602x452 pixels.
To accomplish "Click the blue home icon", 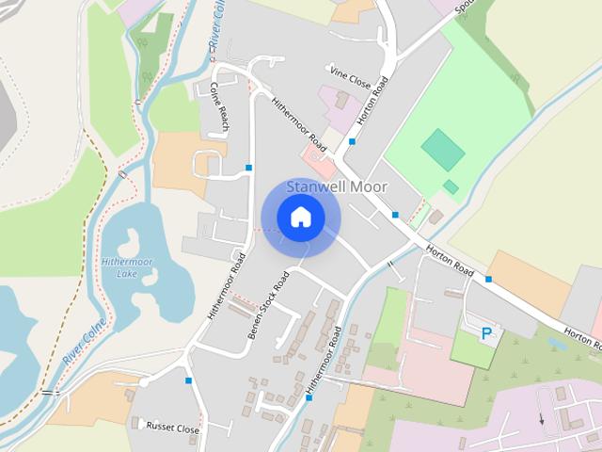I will click(x=300, y=218).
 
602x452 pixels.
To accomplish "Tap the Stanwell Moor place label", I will click(x=336, y=186).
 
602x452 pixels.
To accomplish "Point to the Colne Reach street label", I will click(x=220, y=106).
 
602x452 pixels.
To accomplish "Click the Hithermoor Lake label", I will click(x=119, y=267).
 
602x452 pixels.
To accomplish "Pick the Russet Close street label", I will click(x=172, y=428).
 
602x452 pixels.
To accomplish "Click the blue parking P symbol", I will click(x=486, y=333).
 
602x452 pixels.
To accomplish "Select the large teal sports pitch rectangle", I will click(x=443, y=149).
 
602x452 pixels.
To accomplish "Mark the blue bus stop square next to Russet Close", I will click(x=189, y=380).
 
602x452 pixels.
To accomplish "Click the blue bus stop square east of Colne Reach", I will click(x=249, y=168).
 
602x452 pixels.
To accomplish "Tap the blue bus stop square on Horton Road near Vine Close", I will click(x=352, y=141).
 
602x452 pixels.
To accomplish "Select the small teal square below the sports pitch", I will click(x=451, y=186).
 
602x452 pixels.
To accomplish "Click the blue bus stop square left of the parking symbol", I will click(x=489, y=279).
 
